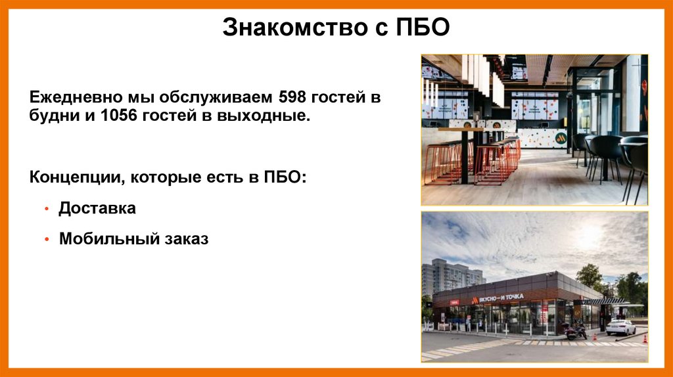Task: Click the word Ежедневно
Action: (x=73, y=99)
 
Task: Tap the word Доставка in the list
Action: (x=97, y=209)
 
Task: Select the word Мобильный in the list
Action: (x=105, y=239)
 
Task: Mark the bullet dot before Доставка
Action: (x=47, y=210)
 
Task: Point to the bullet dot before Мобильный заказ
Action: (x=47, y=240)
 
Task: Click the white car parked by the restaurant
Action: (x=620, y=326)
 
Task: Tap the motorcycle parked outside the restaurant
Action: (x=574, y=331)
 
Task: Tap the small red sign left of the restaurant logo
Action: (x=455, y=302)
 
